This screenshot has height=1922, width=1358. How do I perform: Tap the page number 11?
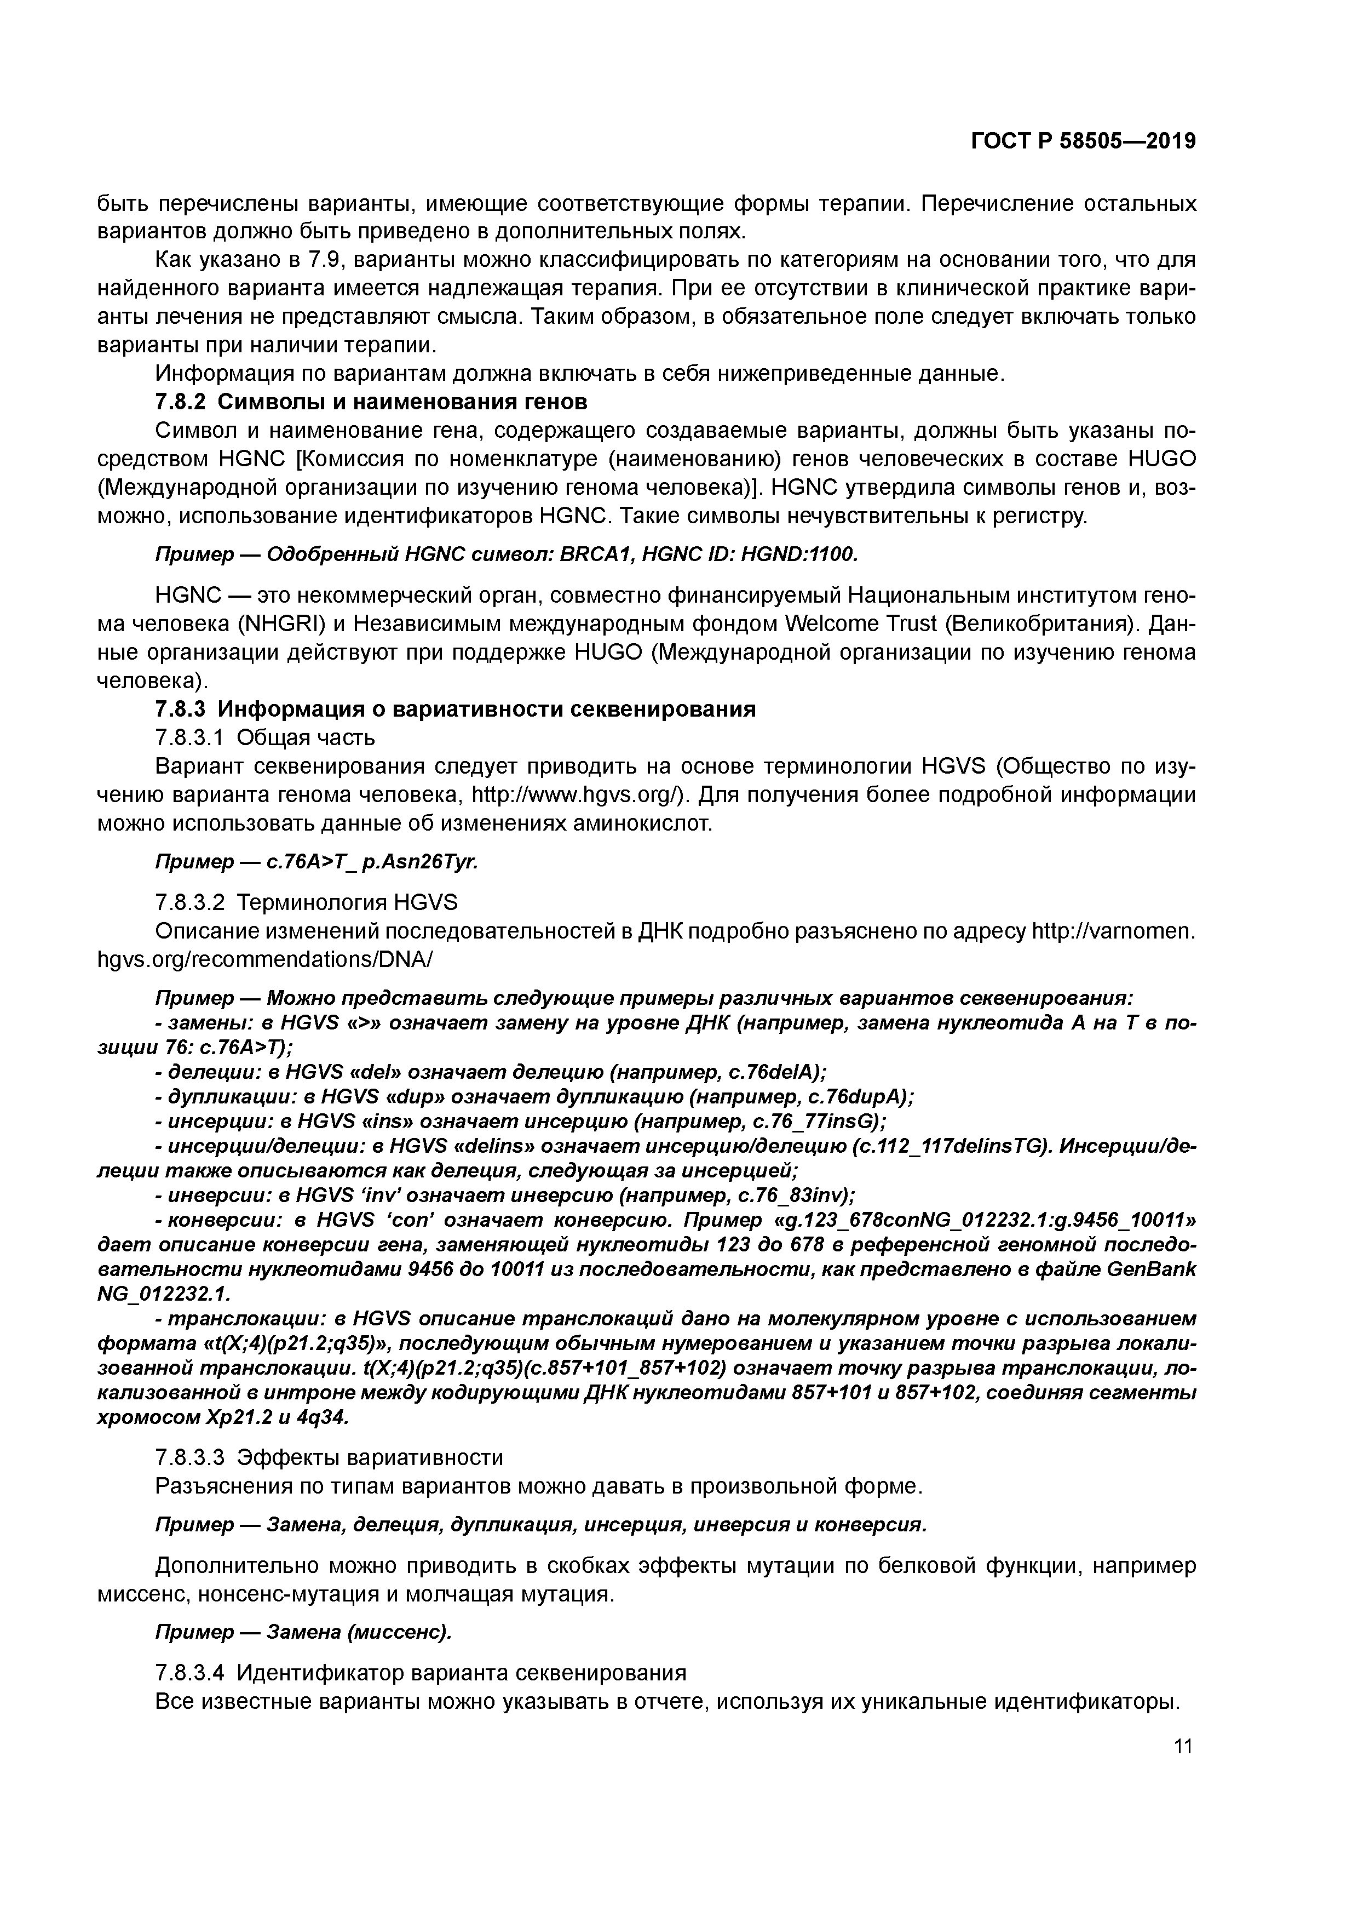[1182, 1746]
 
